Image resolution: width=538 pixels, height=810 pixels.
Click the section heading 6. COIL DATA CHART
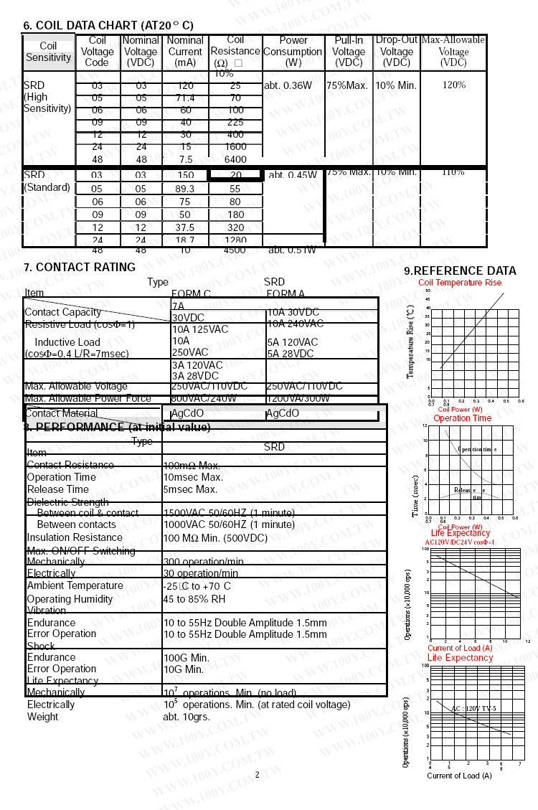tap(108, 25)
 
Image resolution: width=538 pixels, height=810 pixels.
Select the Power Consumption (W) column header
tap(293, 52)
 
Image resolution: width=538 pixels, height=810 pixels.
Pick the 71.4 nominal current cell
tap(185, 98)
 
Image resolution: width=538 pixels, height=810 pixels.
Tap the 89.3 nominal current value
tap(185, 189)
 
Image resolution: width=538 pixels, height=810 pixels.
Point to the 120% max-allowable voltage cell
tap(453, 85)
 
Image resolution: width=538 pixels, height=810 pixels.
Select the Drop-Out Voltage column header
tap(396, 52)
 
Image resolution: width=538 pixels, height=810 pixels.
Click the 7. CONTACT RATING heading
tap(80, 268)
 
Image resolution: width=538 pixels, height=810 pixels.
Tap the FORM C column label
tap(191, 293)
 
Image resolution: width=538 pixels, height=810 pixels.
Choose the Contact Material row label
tap(62, 413)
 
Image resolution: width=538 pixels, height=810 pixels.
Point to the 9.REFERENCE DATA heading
tap(460, 271)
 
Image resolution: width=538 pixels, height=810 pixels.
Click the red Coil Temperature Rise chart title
tap(460, 283)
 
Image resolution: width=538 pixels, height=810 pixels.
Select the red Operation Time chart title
tap(462, 418)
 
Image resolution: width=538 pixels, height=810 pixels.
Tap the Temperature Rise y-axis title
tap(410, 342)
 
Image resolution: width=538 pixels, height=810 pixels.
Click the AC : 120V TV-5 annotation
tap(473, 709)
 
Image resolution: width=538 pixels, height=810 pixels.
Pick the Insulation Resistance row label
tap(75, 537)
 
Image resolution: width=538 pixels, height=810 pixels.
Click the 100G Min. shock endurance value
tap(187, 657)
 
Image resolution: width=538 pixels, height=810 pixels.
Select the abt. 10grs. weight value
tap(187, 717)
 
